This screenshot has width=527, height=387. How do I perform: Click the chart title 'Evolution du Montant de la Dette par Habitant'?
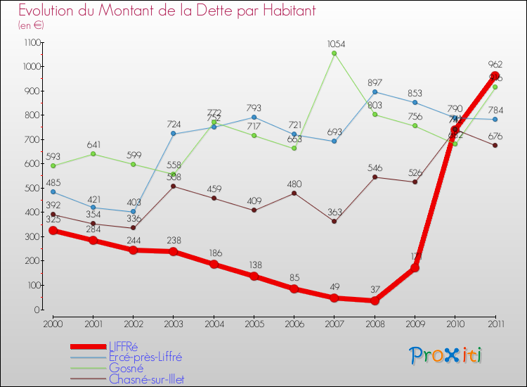pyautogui.click(x=167, y=11)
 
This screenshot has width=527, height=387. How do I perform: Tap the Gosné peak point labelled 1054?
pyautogui.click(x=334, y=53)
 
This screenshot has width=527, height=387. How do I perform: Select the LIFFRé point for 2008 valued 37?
pyautogui.click(x=375, y=300)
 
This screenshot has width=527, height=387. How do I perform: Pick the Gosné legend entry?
pyautogui.click(x=126, y=368)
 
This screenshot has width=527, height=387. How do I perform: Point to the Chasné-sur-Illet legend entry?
pyautogui.click(x=146, y=379)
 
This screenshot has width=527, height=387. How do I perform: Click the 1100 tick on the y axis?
pyautogui.click(x=31, y=42)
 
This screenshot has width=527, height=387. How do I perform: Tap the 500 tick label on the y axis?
pyautogui.click(x=32, y=188)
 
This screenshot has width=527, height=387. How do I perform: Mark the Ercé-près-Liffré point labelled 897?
pyautogui.click(x=375, y=91)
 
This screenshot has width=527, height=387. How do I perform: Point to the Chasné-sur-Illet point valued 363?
pyautogui.click(x=334, y=222)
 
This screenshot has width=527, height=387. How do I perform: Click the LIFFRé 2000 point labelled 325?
pyautogui.click(x=53, y=231)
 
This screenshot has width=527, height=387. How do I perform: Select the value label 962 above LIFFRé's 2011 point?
pyautogui.click(x=495, y=64)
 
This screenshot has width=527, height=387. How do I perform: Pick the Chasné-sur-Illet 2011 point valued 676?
pyautogui.click(x=495, y=146)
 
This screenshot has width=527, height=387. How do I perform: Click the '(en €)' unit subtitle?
pyautogui.click(x=32, y=25)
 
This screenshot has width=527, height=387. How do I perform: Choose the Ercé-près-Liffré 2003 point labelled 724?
pyautogui.click(x=174, y=134)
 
